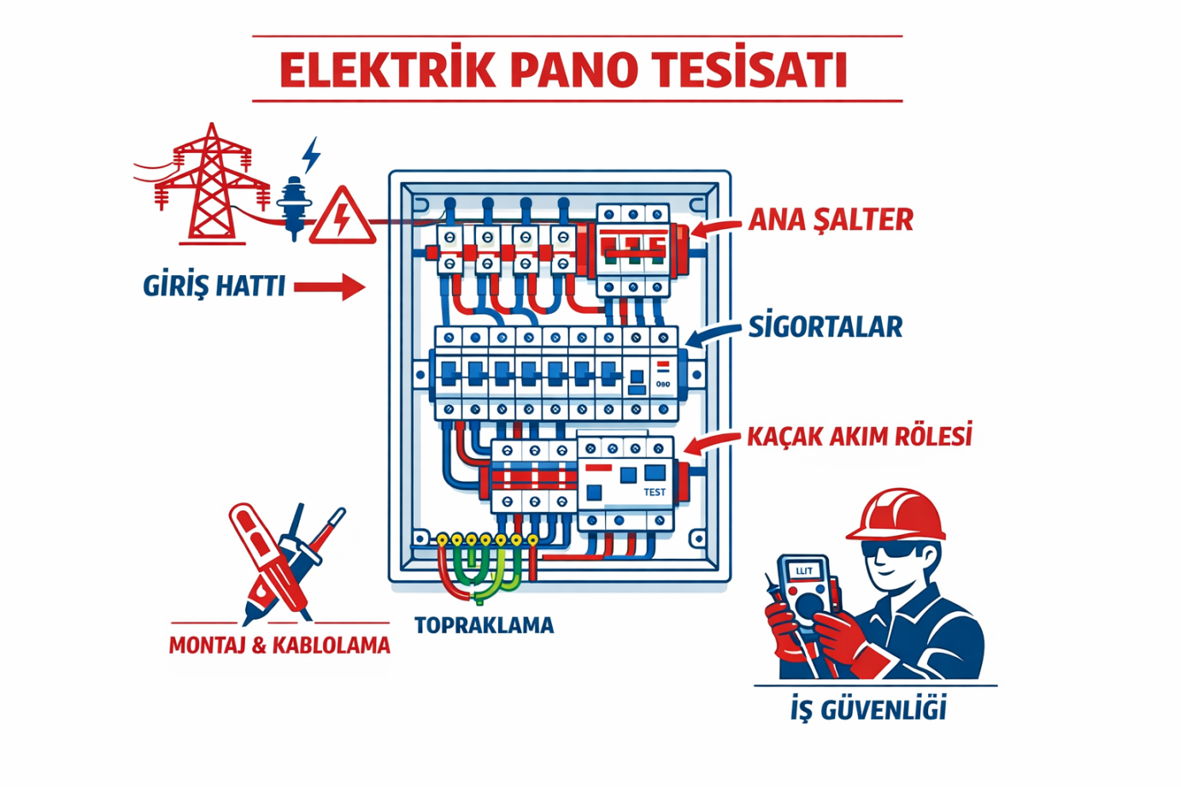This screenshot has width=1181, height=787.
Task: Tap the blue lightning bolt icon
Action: [312, 155]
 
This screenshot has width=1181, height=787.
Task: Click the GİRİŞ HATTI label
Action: [214, 286]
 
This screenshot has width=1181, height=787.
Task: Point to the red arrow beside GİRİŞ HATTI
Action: [330, 287]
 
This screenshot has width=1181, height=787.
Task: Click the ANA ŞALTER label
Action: [831, 220]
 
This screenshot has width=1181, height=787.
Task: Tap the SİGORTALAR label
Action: [826, 326]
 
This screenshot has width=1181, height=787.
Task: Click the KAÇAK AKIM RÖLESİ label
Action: [860, 437]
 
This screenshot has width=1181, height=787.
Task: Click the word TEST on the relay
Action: [655, 492]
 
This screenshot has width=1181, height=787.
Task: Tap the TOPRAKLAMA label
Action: [484, 625]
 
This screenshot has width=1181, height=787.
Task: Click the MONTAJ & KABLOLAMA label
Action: [279, 645]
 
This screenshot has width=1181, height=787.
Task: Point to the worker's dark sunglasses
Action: [893, 549]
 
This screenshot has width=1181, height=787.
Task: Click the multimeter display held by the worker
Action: [804, 571]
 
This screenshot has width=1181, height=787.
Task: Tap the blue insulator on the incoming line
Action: [295, 205]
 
